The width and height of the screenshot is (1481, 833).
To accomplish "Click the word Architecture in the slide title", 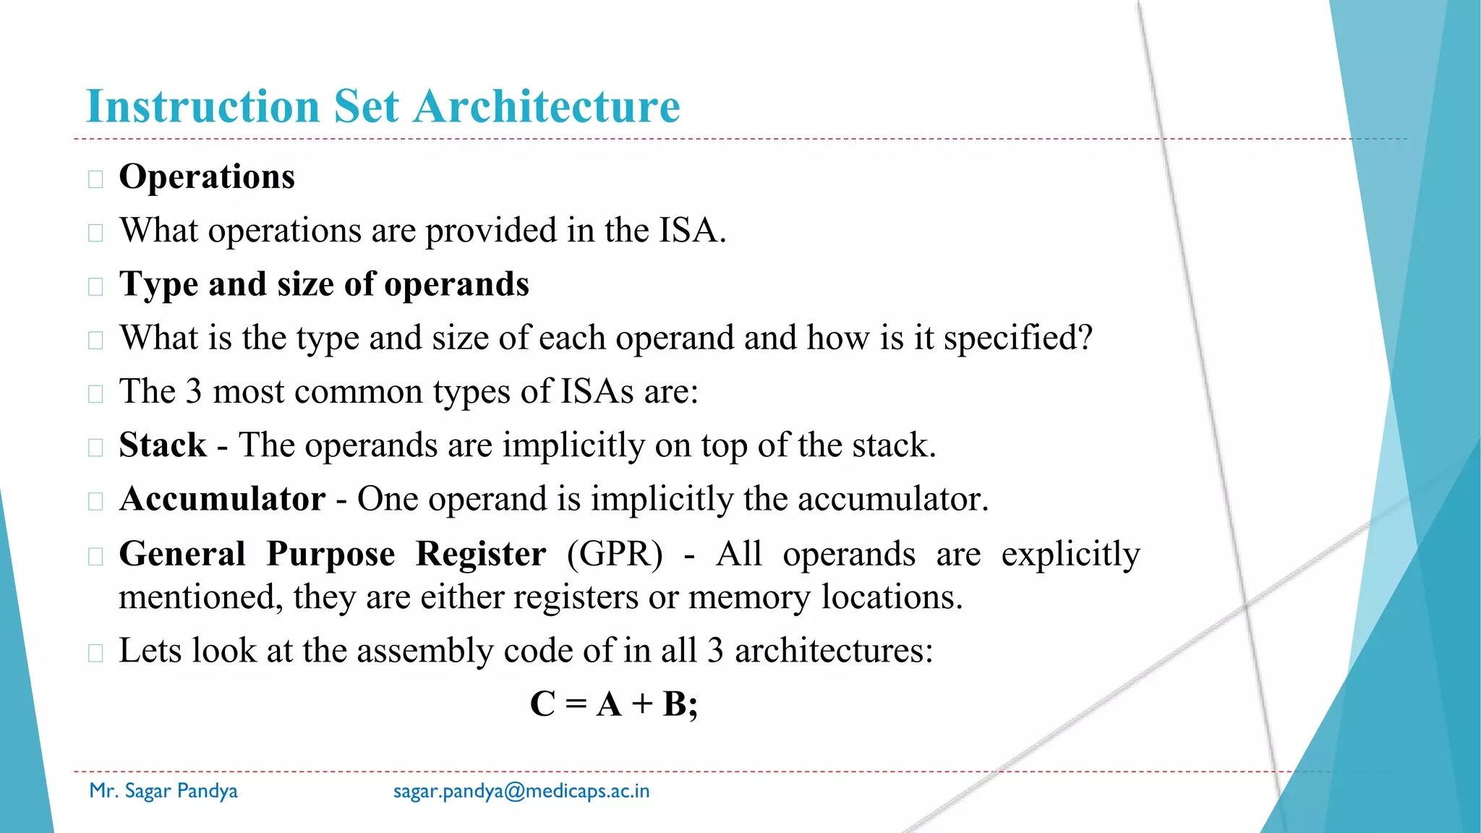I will pos(547,106).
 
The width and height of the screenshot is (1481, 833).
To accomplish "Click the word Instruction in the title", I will pos(202,106).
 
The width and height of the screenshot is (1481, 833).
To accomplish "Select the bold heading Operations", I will pos(207,176).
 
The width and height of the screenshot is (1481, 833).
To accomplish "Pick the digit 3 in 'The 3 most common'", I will pos(194,391).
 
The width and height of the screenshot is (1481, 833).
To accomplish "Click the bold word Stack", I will pos(163,445).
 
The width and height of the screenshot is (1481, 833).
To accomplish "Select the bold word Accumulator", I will pos(223,499).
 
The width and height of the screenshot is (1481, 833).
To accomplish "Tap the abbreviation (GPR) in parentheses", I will pos(615,554).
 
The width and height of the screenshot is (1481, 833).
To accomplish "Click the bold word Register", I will pos(481,554).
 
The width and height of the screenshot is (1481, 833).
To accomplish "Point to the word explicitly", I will pos(1070,554).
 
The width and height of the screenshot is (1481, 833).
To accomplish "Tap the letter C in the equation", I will pos(542,704).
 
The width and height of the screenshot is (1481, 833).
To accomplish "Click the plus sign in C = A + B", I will pos(642,704).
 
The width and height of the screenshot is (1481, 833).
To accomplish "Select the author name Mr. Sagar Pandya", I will pos(163,791).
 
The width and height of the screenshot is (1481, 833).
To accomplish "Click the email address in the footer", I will pos(521,791).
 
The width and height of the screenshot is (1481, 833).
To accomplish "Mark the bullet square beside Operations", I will pos(95,179).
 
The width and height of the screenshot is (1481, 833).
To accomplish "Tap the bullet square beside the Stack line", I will pos(95,448).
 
